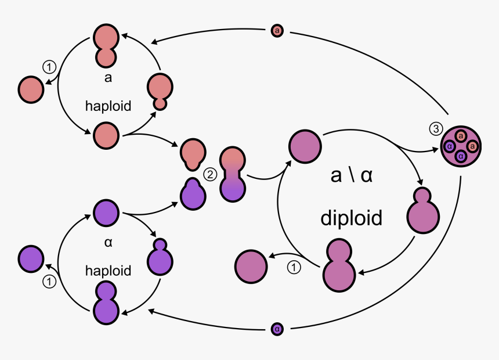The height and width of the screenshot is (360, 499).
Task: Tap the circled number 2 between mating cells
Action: pyautogui.click(x=209, y=172)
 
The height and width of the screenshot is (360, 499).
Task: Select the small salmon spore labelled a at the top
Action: pyautogui.click(x=277, y=30)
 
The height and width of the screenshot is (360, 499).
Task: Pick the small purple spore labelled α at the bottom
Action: pyautogui.click(x=277, y=329)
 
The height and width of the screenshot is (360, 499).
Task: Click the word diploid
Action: pyautogui.click(x=351, y=218)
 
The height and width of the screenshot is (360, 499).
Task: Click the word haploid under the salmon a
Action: pyautogui.click(x=108, y=106)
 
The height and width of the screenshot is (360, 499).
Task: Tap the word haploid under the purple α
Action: pyautogui.click(x=108, y=271)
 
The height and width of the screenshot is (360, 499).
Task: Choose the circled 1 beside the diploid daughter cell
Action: pyautogui.click(x=295, y=268)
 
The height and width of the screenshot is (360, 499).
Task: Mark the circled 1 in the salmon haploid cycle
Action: pyautogui.click(x=49, y=67)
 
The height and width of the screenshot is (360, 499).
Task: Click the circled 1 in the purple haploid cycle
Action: pyautogui.click(x=49, y=282)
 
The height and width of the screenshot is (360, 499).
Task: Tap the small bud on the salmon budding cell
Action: pyautogui.click(x=160, y=105)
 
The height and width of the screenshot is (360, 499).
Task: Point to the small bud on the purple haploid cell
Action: pyautogui.click(x=160, y=244)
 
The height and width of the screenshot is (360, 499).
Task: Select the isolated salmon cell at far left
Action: pyautogui.click(x=31, y=90)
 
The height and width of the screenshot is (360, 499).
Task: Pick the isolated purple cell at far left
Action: pyautogui.click(x=31, y=258)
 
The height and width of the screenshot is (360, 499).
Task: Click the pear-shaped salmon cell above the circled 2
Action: pyautogui.click(x=192, y=153)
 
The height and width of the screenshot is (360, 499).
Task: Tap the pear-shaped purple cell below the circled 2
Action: pyautogui.click(x=193, y=193)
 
